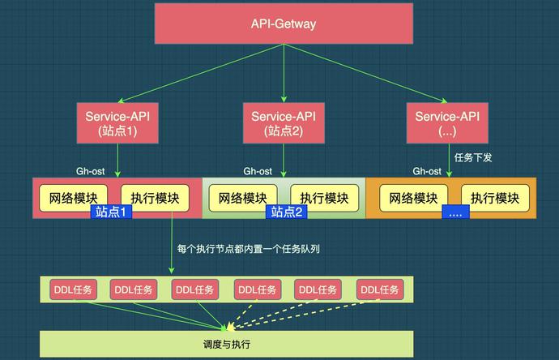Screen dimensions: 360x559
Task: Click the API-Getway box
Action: [x=284, y=24]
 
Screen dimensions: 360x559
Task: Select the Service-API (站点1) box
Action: [x=118, y=123]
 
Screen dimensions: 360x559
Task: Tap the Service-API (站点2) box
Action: [x=284, y=123]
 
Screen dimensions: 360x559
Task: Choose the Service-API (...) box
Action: [x=447, y=123]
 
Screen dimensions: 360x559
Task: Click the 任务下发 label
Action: [x=473, y=157]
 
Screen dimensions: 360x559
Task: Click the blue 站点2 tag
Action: [x=287, y=212]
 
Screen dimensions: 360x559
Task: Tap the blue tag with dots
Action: [x=454, y=212]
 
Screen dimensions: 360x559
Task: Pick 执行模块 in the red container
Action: [x=155, y=198]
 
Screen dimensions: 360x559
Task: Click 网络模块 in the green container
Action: [x=242, y=198]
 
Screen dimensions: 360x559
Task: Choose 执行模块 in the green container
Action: [x=323, y=198]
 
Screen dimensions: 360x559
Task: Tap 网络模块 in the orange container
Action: [x=413, y=198]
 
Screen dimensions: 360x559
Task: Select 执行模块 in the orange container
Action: [x=495, y=198]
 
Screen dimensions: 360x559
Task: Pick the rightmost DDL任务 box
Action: [x=380, y=289]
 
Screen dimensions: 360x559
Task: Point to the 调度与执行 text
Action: [x=227, y=345]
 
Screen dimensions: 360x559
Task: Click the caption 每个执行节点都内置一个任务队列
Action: [x=248, y=249]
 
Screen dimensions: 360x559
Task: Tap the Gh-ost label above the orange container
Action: [x=427, y=171]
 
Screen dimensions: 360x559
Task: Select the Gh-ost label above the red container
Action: [x=91, y=171]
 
